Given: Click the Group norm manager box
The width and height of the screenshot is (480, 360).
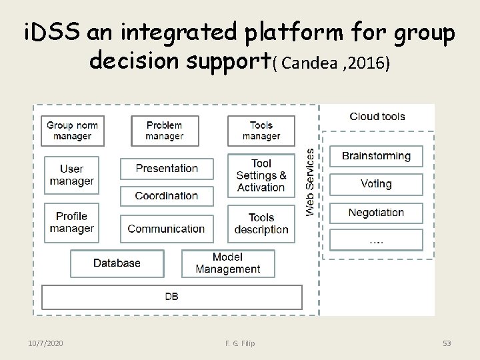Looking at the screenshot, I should (72, 131).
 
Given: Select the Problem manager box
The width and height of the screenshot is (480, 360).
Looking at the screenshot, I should (165, 131).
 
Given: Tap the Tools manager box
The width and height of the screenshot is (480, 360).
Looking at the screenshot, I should (261, 131).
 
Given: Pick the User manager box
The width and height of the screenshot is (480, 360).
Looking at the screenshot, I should (72, 175).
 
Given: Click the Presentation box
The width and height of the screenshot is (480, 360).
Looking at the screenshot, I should (167, 169).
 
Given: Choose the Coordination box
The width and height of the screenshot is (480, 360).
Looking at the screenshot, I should (167, 196).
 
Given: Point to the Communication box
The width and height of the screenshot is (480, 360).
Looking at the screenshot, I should (167, 229).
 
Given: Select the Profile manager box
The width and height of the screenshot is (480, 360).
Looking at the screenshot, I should (72, 223).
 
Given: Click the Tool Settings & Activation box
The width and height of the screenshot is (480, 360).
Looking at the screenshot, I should (261, 175).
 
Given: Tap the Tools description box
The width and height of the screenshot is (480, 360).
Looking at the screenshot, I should (261, 223).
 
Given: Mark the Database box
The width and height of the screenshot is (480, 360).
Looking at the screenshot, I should (117, 263).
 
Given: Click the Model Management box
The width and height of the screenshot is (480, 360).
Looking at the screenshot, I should (228, 263).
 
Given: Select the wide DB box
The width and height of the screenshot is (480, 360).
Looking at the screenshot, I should (172, 297).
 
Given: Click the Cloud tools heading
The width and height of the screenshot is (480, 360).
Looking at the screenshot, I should (377, 117).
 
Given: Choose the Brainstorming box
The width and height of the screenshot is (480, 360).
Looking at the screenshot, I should (376, 156).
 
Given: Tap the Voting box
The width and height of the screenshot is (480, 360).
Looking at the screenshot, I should (376, 184).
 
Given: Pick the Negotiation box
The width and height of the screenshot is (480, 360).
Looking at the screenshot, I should (376, 213).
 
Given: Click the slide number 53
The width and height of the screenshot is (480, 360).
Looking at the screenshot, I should (447, 343).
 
